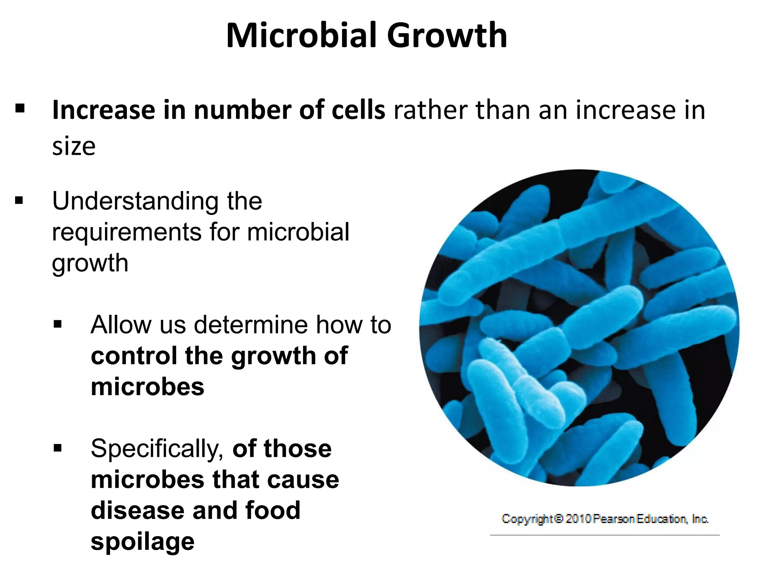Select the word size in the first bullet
click(74, 146)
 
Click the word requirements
click(127, 232)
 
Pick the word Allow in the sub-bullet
click(120, 324)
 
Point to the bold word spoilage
click(142, 541)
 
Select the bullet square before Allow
click(57, 324)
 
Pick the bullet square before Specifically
click(57, 448)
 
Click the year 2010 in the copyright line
click(578, 519)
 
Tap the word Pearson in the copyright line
click(614, 519)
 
